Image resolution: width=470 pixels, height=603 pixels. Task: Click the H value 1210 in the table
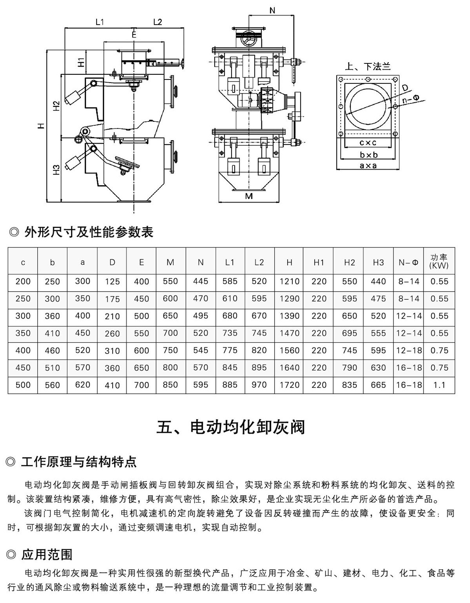point(289,281)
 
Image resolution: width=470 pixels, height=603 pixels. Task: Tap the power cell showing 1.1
point(439,385)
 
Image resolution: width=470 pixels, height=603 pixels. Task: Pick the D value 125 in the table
point(112,282)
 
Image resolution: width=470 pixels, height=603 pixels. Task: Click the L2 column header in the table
point(259,262)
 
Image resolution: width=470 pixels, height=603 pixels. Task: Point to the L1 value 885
point(230,385)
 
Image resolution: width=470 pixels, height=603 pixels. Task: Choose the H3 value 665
point(378,385)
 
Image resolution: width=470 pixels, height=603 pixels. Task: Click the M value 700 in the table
point(170,333)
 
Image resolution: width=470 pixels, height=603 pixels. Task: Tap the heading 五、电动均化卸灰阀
point(231,427)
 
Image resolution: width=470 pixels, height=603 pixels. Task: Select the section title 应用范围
point(47,554)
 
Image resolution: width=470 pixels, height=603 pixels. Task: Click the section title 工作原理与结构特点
point(78,462)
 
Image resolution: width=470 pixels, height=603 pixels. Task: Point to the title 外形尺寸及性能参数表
point(88,232)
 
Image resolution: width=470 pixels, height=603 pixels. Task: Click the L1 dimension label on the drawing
point(100,22)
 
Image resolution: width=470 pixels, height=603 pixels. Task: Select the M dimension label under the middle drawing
point(249,196)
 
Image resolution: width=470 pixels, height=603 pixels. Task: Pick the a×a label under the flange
point(368,166)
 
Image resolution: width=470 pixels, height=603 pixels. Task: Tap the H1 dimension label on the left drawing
point(80,62)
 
